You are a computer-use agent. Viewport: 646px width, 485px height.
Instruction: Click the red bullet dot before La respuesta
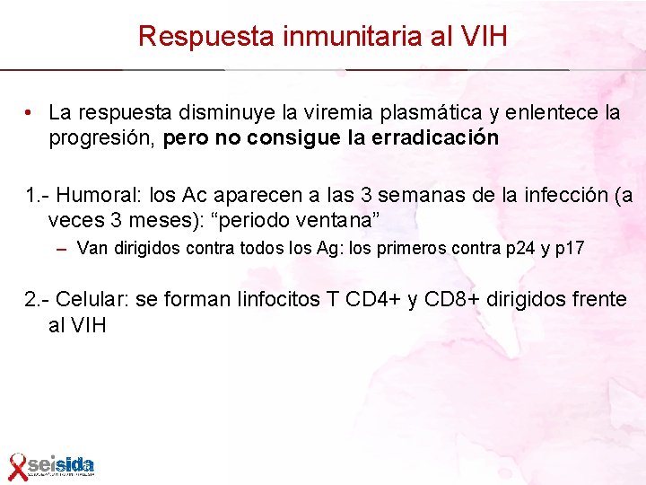coord(30,113)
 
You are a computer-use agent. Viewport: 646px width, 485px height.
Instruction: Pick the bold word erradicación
coord(441,138)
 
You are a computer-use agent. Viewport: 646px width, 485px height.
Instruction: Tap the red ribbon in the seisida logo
coord(17,466)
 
